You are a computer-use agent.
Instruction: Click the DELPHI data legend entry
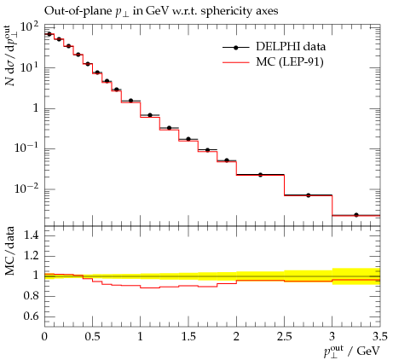(274, 47)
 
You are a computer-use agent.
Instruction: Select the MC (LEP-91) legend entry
(273, 62)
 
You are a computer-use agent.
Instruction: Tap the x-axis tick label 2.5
(284, 337)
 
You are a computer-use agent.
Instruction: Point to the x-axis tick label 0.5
(93, 337)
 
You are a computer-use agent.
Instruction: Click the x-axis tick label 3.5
(379, 337)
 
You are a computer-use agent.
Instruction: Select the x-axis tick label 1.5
(188, 337)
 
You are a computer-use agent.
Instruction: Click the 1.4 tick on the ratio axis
(31, 235)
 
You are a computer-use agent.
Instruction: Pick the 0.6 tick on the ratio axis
(31, 316)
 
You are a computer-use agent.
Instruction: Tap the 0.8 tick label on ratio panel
(31, 296)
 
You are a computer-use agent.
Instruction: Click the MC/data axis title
(10, 251)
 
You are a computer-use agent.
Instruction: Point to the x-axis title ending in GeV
(352, 351)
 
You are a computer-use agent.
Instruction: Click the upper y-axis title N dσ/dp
(10, 55)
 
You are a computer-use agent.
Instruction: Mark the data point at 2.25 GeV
(260, 175)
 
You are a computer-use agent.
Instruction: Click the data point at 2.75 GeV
(309, 195)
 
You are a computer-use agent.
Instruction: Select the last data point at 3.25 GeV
(356, 215)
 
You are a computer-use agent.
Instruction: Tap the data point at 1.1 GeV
(150, 115)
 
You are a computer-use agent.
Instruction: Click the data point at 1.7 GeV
(207, 150)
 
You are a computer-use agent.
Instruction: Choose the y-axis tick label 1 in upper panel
(36, 108)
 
